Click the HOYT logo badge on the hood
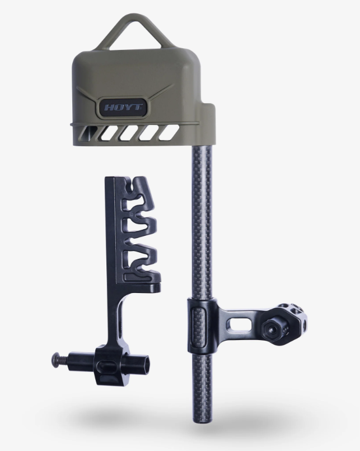[123, 107]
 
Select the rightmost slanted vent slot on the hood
[167, 133]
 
